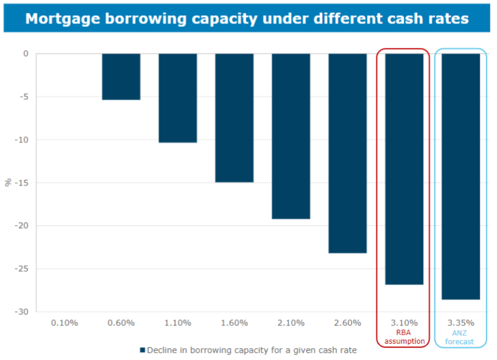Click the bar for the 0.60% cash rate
click(121, 77)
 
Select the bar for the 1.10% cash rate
click(178, 98)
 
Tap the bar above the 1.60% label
click(234, 118)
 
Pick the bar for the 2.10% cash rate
click(291, 136)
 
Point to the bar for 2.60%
click(347, 153)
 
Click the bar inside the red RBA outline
click(404, 169)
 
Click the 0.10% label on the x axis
click(64, 323)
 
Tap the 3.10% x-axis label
click(404, 323)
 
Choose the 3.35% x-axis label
click(461, 323)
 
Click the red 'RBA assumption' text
click(404, 337)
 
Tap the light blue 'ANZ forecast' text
click(461, 337)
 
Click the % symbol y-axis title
click(8, 182)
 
